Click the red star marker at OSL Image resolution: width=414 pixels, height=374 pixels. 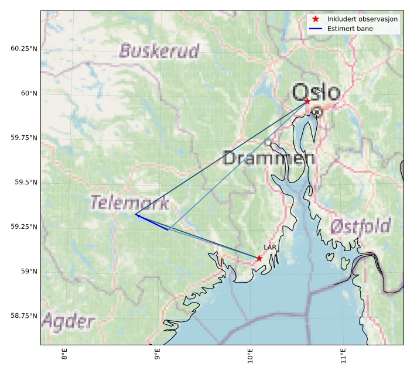tap(307, 101)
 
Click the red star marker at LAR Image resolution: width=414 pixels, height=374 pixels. tap(259, 258)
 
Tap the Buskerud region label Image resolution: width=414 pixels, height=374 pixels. tap(159, 51)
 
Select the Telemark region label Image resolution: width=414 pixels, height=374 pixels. tap(130, 203)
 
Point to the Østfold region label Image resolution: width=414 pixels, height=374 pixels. tap(360, 225)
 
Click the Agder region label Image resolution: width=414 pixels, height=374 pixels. tap(68, 322)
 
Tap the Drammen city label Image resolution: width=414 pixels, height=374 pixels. tap(269, 157)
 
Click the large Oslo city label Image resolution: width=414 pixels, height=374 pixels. tap(316, 92)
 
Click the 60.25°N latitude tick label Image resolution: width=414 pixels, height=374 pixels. tap(23, 48)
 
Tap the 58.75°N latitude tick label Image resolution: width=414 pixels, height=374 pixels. tap(23, 316)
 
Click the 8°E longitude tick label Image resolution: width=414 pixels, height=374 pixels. tap(64, 355)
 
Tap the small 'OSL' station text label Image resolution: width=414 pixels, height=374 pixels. tap(318, 90)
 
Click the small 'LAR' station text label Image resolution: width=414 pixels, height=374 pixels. tap(270, 248)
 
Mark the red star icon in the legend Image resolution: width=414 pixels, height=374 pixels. tap(316, 19)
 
